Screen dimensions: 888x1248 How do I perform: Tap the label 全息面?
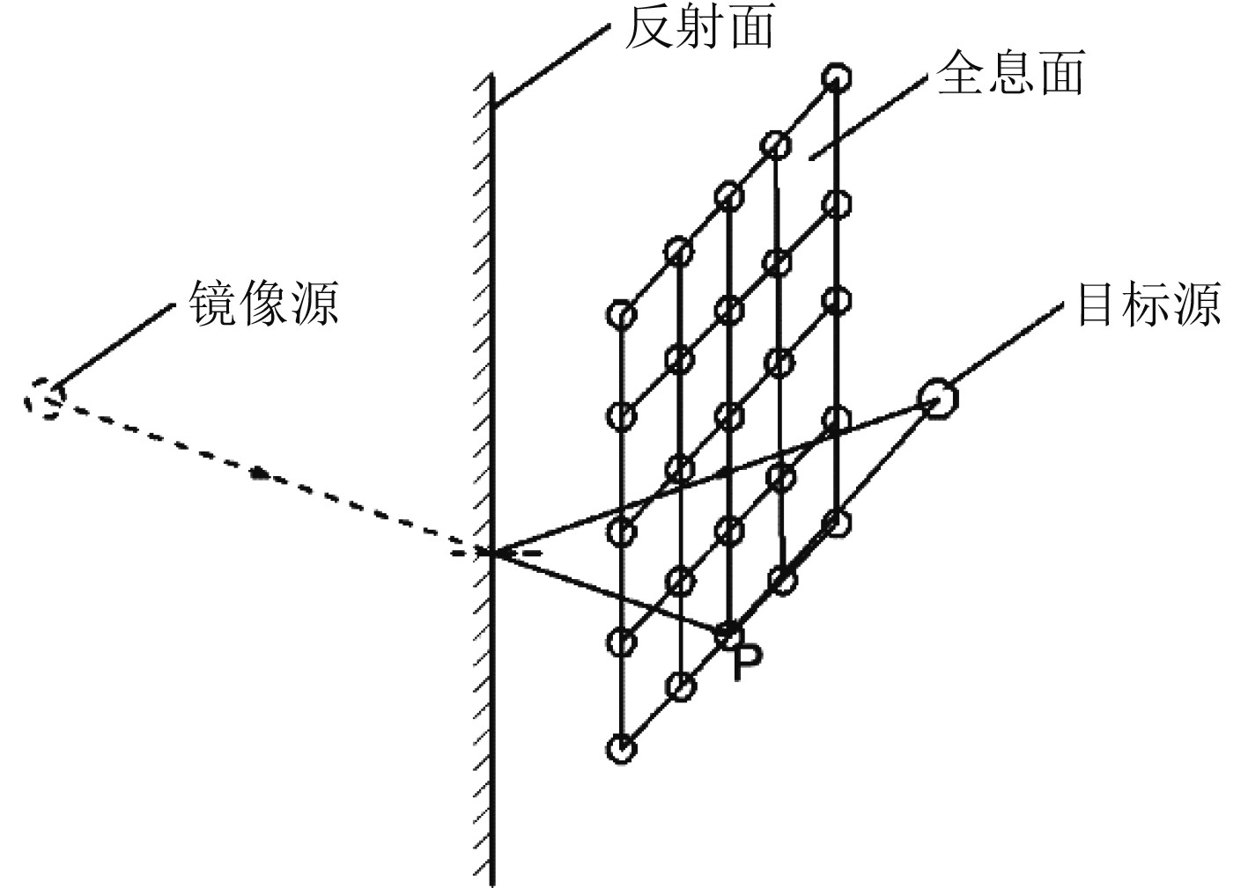(x=1009, y=73)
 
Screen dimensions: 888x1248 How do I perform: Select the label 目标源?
(x=1148, y=304)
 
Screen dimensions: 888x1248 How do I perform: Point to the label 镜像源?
(x=263, y=304)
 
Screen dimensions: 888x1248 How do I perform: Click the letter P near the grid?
(x=745, y=663)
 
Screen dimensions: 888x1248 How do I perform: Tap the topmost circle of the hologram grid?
(x=836, y=78)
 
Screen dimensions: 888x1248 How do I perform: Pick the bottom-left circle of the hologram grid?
(x=621, y=749)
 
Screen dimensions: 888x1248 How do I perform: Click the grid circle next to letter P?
(x=728, y=632)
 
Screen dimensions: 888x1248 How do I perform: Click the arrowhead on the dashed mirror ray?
(x=258, y=473)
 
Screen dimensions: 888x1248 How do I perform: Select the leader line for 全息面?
(x=867, y=119)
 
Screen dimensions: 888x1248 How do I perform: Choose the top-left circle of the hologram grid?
(x=621, y=313)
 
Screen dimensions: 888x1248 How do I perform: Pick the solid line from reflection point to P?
(x=608, y=591)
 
